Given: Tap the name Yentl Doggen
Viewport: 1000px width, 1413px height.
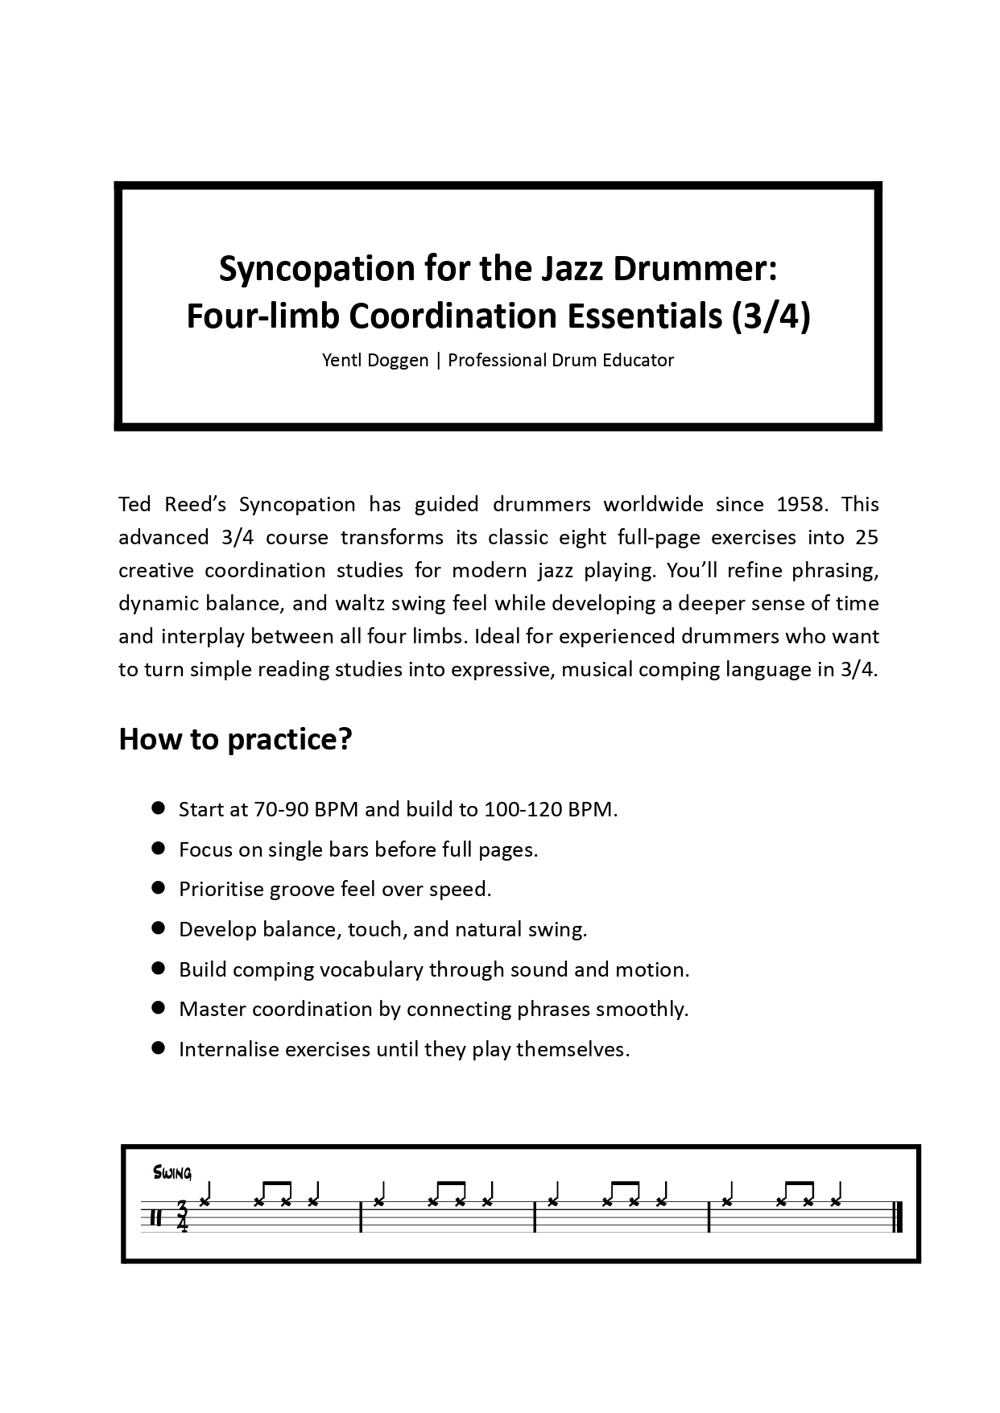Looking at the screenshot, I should coord(375,360).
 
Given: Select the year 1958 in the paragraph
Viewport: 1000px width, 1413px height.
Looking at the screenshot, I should coord(804,504).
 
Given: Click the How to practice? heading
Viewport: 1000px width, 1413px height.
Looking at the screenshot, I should coord(235,738).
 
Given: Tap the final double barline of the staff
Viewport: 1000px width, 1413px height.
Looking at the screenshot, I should coord(898,1217).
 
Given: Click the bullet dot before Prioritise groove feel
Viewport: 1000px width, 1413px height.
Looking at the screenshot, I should coord(159,888).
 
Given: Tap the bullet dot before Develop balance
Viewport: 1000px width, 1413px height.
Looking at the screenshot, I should coord(159,928).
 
